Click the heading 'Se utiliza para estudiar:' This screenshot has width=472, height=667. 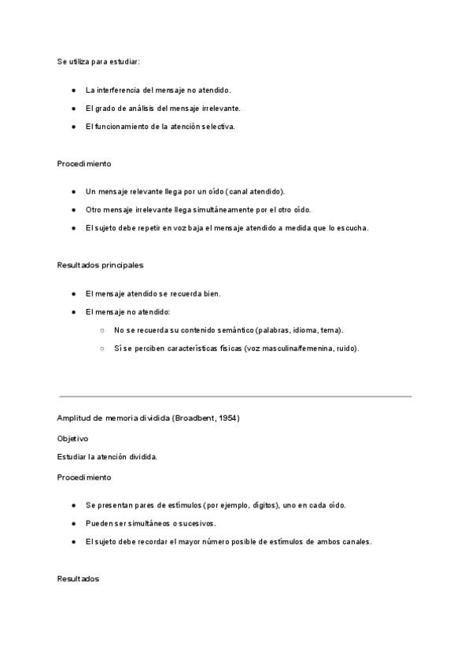point(98,61)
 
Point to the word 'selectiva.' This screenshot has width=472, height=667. point(216,127)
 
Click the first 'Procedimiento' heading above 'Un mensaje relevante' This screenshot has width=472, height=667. point(84,164)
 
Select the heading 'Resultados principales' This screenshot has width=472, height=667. point(100,265)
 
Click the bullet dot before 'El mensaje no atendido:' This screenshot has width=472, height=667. point(73,312)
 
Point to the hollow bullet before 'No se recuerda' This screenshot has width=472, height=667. point(102,330)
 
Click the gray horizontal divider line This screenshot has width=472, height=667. point(236,396)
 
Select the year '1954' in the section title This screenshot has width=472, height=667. point(227,418)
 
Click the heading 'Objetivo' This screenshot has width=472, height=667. point(72,438)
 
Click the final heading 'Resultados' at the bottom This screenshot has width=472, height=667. point(78,578)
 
